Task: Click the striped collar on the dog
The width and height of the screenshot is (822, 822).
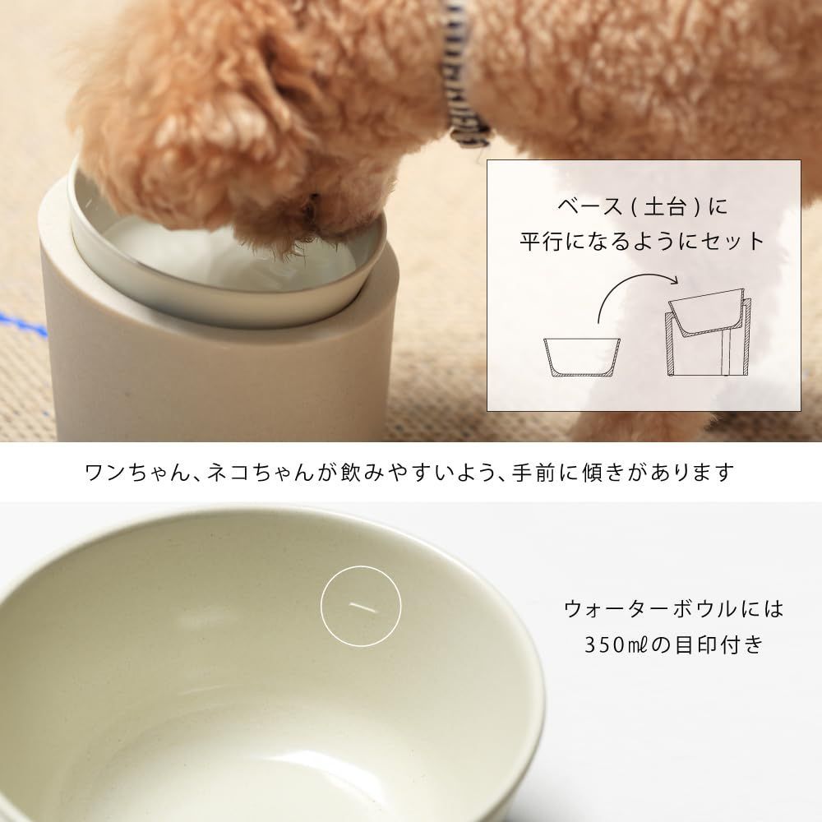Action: pyautogui.click(x=462, y=79)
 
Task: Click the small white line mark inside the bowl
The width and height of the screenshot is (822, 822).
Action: pyautogui.click(x=363, y=607)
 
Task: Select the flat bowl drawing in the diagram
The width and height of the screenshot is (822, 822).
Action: pyautogui.click(x=582, y=358)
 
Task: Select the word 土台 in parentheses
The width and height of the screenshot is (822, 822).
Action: pyautogui.click(x=664, y=206)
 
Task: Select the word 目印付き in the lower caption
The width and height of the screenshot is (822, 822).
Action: pyautogui.click(x=719, y=644)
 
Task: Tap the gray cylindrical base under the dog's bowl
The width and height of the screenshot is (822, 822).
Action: pyautogui.click(x=215, y=367)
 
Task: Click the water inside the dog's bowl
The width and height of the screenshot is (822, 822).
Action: pyautogui.click(x=210, y=256)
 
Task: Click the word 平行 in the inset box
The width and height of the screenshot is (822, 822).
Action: pyautogui.click(x=541, y=241)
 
